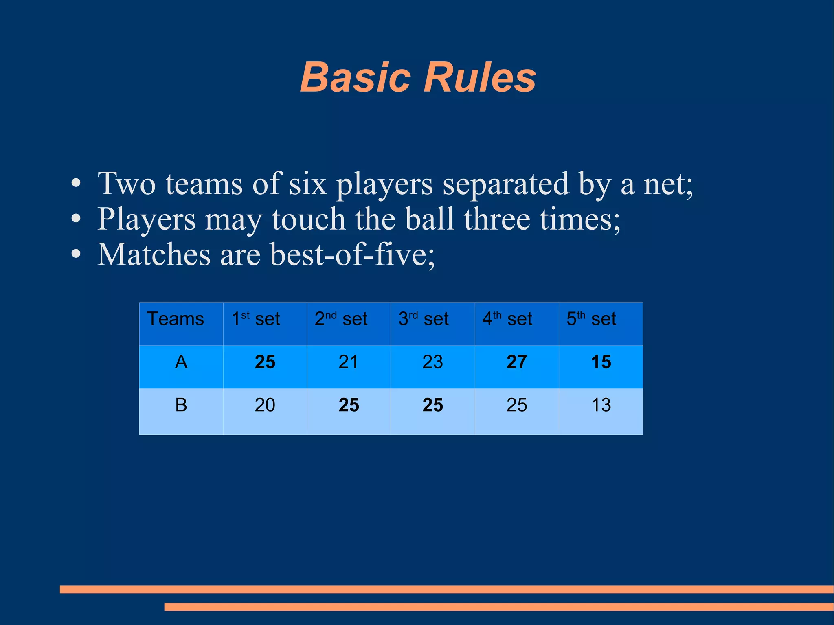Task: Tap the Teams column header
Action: [176, 319]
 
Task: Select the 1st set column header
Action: [256, 319]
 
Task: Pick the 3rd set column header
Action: [424, 319]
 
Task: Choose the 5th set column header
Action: [591, 319]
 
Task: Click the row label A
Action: [181, 362]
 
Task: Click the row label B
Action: [181, 405]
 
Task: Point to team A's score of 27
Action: [517, 362]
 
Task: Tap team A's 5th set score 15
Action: [601, 362]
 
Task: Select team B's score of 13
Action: [601, 405]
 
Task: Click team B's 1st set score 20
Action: [265, 405]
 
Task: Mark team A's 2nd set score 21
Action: [349, 362]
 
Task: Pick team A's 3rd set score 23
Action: [432, 362]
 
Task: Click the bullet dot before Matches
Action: [76, 255]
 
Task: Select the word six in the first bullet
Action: [308, 184]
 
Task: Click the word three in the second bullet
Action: [497, 219]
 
